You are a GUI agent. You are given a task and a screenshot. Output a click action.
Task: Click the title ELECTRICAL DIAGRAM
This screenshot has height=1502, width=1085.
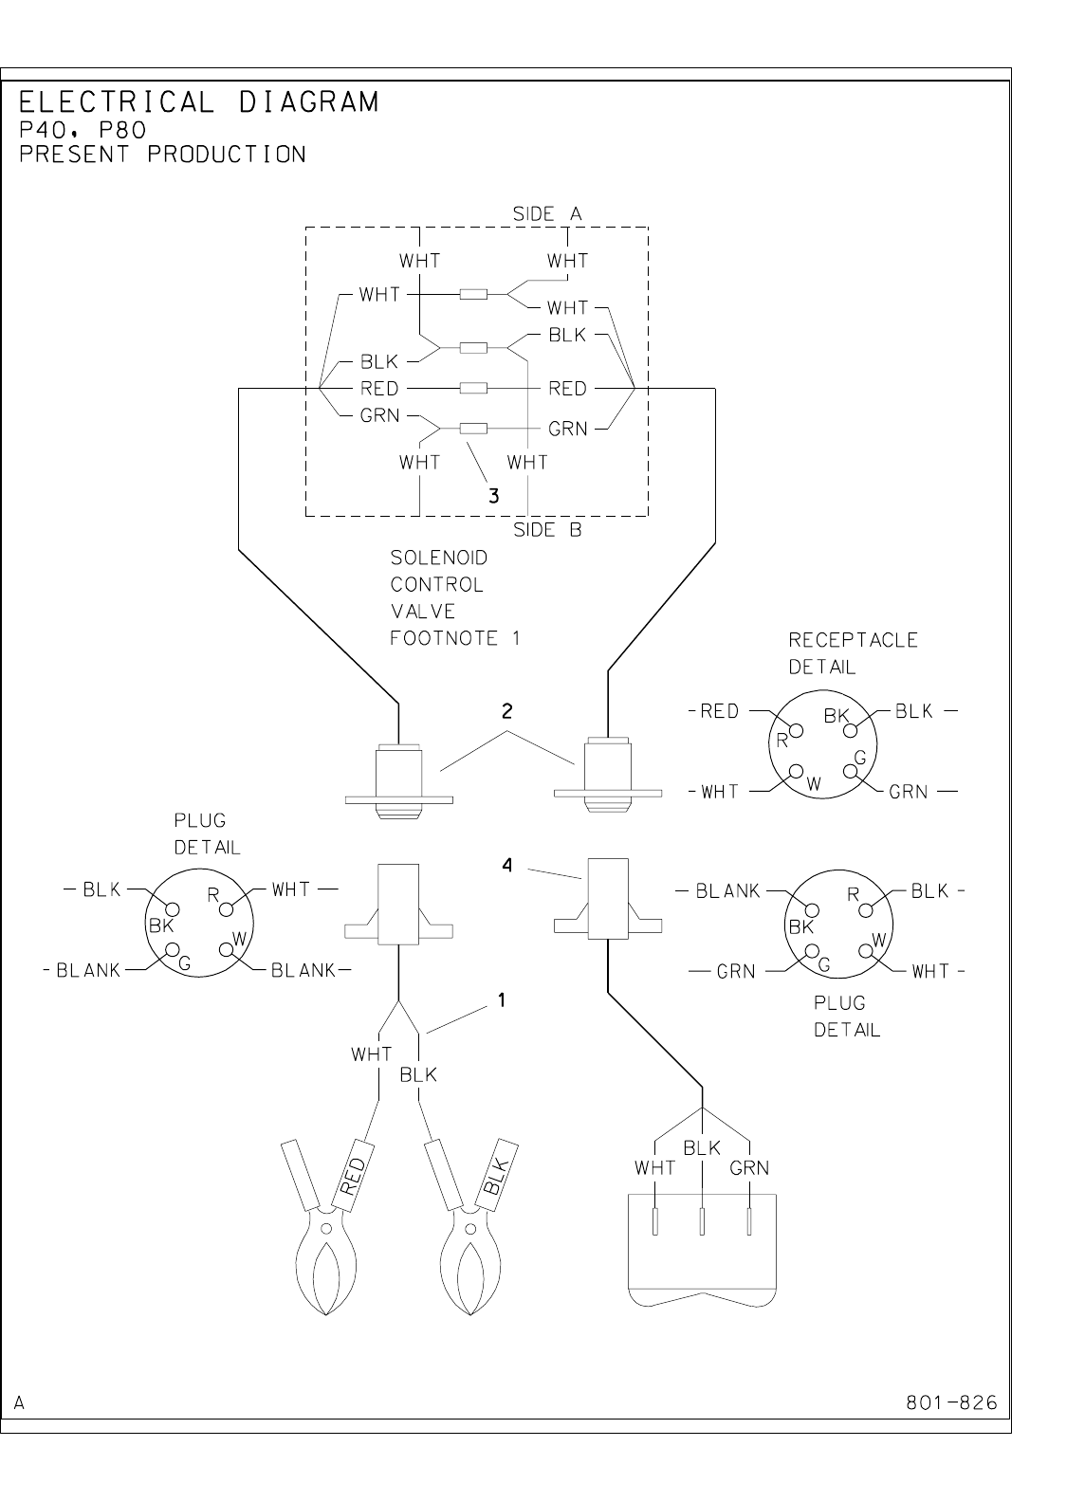[x=198, y=101]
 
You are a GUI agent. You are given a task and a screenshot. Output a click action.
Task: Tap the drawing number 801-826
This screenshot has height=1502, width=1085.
[x=951, y=1402]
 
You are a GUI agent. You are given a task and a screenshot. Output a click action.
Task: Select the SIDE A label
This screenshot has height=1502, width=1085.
[x=547, y=214]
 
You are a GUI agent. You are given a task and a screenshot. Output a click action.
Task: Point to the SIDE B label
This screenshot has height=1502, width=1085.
[x=547, y=530]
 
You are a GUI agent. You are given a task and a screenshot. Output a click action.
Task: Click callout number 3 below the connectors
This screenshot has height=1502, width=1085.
[x=493, y=496]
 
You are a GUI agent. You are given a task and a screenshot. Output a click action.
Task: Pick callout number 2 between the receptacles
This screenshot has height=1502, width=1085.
[x=507, y=711]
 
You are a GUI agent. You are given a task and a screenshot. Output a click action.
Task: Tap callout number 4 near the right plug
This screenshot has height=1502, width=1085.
[x=507, y=866]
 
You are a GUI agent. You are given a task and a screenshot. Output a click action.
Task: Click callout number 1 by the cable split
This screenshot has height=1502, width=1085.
[x=501, y=1000]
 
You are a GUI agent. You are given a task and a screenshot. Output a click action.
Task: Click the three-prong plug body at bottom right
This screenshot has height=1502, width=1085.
[x=702, y=1250]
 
